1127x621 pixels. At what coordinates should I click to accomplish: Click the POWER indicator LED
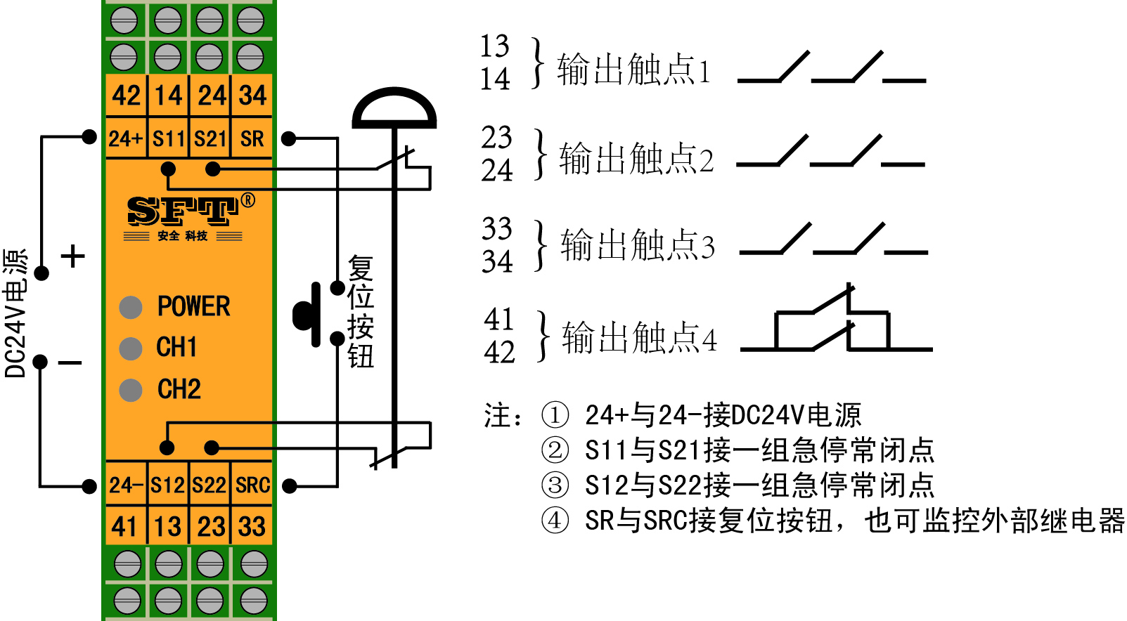tap(131, 307)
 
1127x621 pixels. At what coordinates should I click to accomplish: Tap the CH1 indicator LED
tap(131, 348)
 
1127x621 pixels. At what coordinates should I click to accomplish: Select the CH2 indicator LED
tap(131, 390)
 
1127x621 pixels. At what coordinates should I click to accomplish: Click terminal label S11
tap(169, 138)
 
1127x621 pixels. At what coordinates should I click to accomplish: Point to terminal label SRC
tap(252, 485)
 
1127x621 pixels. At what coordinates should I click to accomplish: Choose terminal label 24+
tap(126, 138)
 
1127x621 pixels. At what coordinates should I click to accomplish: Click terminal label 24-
tap(127, 485)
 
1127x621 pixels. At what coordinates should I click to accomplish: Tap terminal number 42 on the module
tap(126, 95)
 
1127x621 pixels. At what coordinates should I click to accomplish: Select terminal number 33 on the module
tap(252, 526)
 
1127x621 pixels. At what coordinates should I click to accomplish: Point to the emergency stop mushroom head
tap(394, 108)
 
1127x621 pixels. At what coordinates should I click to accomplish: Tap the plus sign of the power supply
tap(73, 257)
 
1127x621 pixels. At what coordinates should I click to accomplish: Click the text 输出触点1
tap(634, 70)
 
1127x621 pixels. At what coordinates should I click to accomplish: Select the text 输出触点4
tap(640, 337)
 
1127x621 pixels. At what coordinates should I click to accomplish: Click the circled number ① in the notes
tap(555, 415)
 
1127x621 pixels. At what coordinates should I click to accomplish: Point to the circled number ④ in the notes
tap(555, 520)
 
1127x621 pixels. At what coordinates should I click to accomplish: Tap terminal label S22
tap(210, 485)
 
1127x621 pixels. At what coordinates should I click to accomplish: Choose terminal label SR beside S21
tap(252, 138)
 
